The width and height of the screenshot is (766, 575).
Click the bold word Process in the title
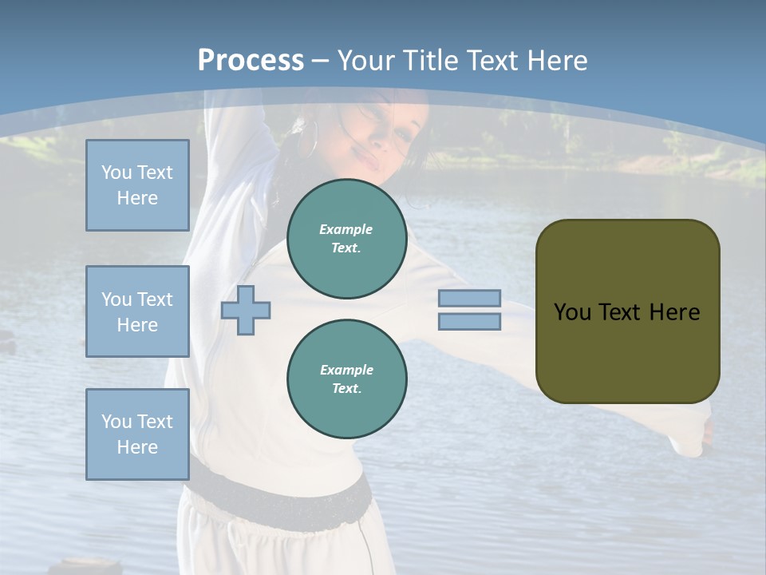(251, 61)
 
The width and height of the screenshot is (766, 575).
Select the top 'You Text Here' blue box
(137, 185)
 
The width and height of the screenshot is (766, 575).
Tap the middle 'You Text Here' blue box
(137, 311)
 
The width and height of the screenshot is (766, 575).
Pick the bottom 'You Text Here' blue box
(137, 434)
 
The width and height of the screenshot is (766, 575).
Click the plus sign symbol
(246, 310)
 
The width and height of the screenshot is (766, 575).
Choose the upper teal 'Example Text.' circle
(346, 239)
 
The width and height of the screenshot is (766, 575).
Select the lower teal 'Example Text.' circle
(346, 379)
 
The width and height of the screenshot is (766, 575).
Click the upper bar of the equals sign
(469, 298)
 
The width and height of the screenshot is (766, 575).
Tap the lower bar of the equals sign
(469, 322)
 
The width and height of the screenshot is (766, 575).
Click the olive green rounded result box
(627, 311)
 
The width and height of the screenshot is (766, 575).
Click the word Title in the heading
(430, 61)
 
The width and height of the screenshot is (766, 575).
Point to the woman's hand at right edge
(705, 435)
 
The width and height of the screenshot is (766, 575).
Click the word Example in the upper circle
(346, 229)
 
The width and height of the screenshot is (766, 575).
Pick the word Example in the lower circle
(346, 370)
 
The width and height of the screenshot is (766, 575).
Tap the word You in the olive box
(572, 312)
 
